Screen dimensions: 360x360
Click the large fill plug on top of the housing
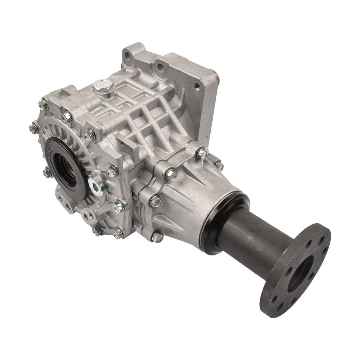point(100,88)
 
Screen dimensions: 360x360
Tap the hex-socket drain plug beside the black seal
point(95,185)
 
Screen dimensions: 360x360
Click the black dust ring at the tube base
point(223,212)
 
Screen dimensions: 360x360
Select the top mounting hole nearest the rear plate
point(161,67)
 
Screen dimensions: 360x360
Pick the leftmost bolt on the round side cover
point(33,128)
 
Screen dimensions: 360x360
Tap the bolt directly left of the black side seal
point(47,172)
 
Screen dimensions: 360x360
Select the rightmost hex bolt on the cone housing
point(219,166)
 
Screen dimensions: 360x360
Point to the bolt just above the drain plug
point(112,171)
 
